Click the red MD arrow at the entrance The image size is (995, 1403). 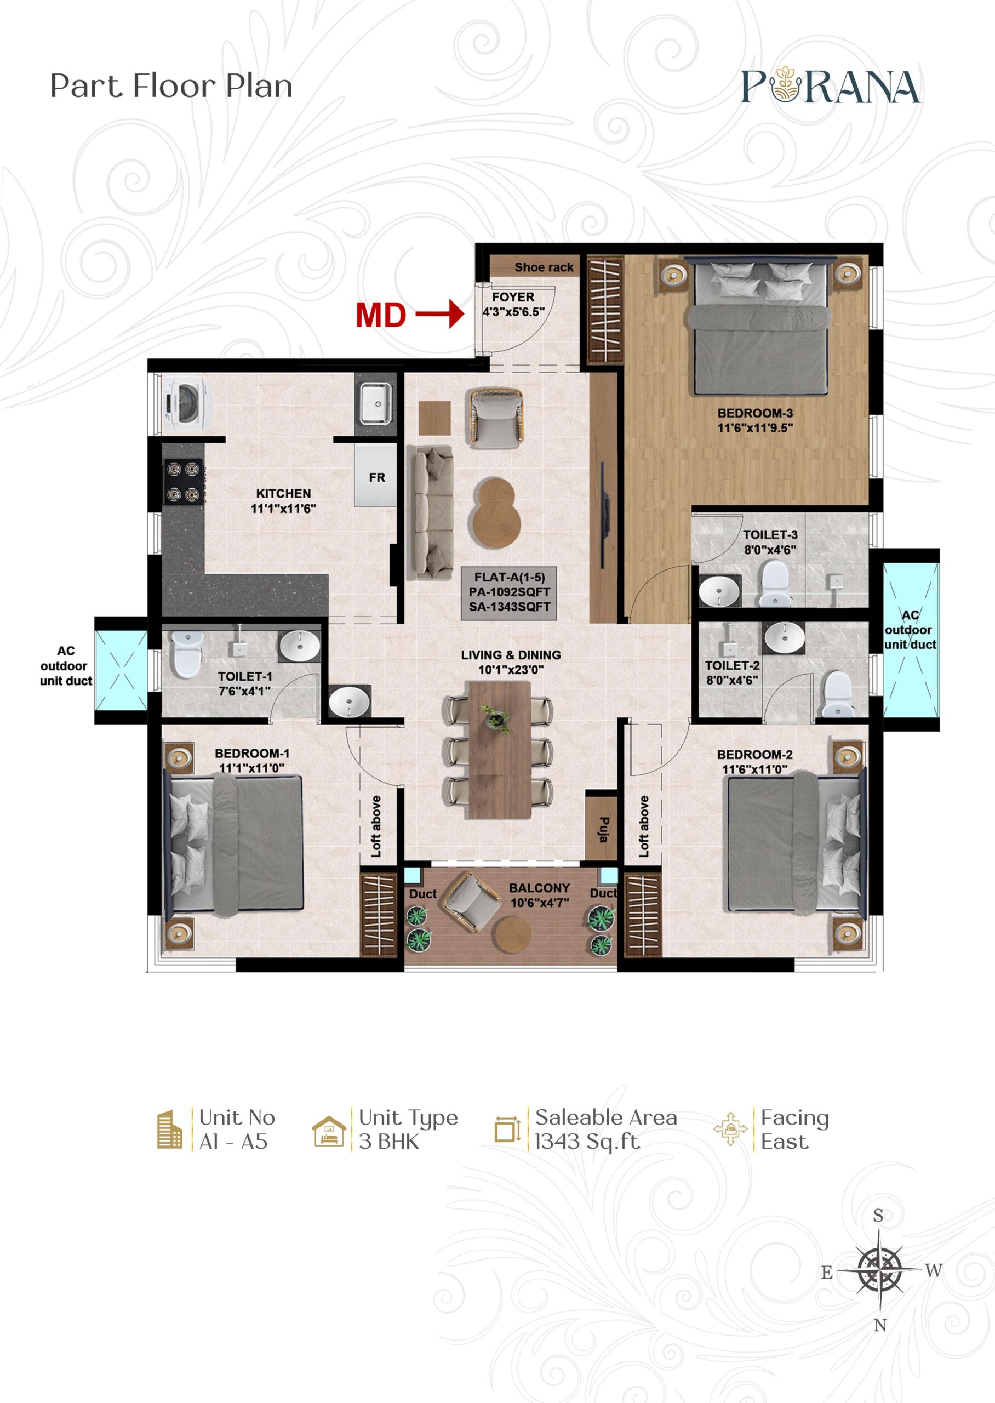(439, 314)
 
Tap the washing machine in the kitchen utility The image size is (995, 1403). (186, 402)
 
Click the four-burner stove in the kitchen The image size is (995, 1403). (183, 482)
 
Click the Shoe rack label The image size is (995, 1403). (544, 267)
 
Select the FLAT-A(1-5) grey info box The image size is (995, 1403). (509, 592)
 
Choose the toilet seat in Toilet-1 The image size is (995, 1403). (187, 654)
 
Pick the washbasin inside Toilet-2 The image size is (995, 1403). (784, 638)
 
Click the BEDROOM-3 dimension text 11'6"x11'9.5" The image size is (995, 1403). (755, 427)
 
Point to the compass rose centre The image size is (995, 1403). (879, 1268)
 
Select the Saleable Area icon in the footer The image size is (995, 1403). (507, 1128)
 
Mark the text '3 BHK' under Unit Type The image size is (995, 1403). (389, 1142)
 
